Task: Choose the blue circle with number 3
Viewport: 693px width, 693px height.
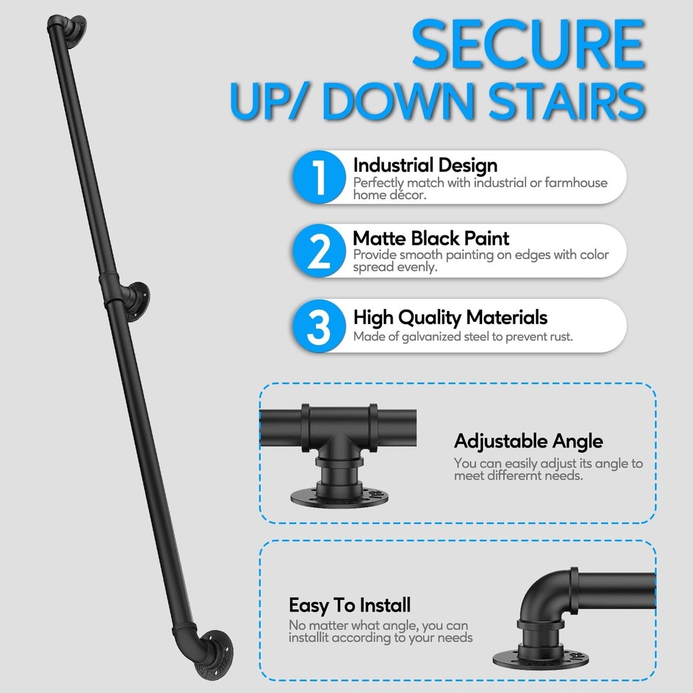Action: pyautogui.click(x=318, y=326)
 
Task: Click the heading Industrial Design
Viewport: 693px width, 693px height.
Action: pyautogui.click(x=425, y=166)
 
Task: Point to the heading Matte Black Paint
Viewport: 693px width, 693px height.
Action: pyautogui.click(x=431, y=238)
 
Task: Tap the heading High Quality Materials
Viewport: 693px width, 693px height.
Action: pyautogui.click(x=450, y=318)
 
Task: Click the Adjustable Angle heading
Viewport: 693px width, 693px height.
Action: pyautogui.click(x=528, y=441)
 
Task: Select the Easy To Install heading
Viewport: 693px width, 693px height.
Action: pyautogui.click(x=349, y=605)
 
